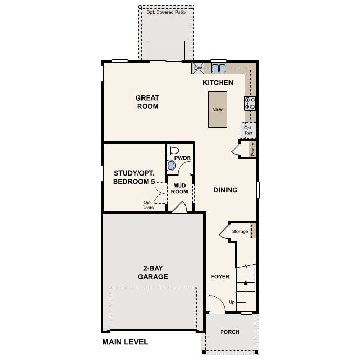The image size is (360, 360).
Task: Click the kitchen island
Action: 217,110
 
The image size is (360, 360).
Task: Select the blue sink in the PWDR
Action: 171,166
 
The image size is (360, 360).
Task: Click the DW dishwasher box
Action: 198,68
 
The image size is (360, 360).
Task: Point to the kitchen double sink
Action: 218,68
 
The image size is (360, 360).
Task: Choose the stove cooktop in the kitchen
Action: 250,103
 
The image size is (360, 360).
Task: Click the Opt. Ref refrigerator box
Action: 248,130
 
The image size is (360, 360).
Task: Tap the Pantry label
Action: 253,149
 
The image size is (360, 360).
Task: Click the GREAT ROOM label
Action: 147,102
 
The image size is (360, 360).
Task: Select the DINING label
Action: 225,190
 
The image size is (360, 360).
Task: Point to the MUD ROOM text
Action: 179,188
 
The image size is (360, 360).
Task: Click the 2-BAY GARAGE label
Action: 152,272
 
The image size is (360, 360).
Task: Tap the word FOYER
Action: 220,276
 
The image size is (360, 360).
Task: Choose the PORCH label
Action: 230,332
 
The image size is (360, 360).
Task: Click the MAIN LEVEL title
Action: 125,342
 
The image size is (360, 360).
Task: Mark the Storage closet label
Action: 240,231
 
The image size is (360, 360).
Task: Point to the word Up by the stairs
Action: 232,302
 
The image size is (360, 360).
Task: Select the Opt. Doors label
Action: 148,205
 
